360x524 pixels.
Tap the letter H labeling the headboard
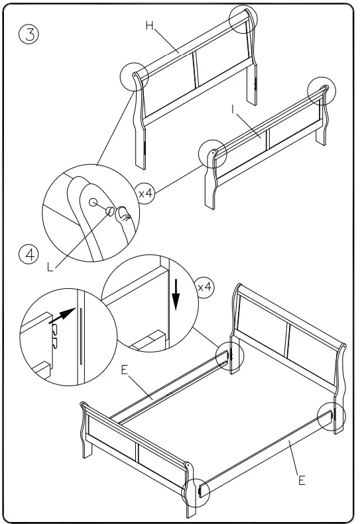click(x=150, y=26)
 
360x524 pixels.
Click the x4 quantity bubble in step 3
click(x=147, y=193)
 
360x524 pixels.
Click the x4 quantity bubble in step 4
click(x=206, y=287)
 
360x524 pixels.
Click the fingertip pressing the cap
click(x=123, y=215)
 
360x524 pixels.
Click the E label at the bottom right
click(x=302, y=480)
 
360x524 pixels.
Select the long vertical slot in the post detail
click(x=81, y=335)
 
